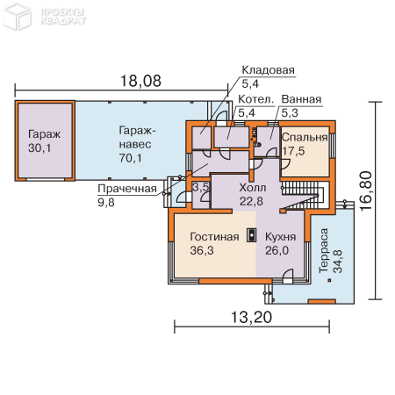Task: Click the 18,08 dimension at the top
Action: point(140,82)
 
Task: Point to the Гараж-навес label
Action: point(134,136)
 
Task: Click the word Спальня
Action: point(305,138)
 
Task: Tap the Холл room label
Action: point(252,188)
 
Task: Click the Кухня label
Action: point(280,237)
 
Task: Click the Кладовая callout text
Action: point(268,71)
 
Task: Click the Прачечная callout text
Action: point(127,188)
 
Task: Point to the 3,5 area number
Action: point(200,187)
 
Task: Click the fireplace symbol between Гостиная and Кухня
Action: point(251,235)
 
